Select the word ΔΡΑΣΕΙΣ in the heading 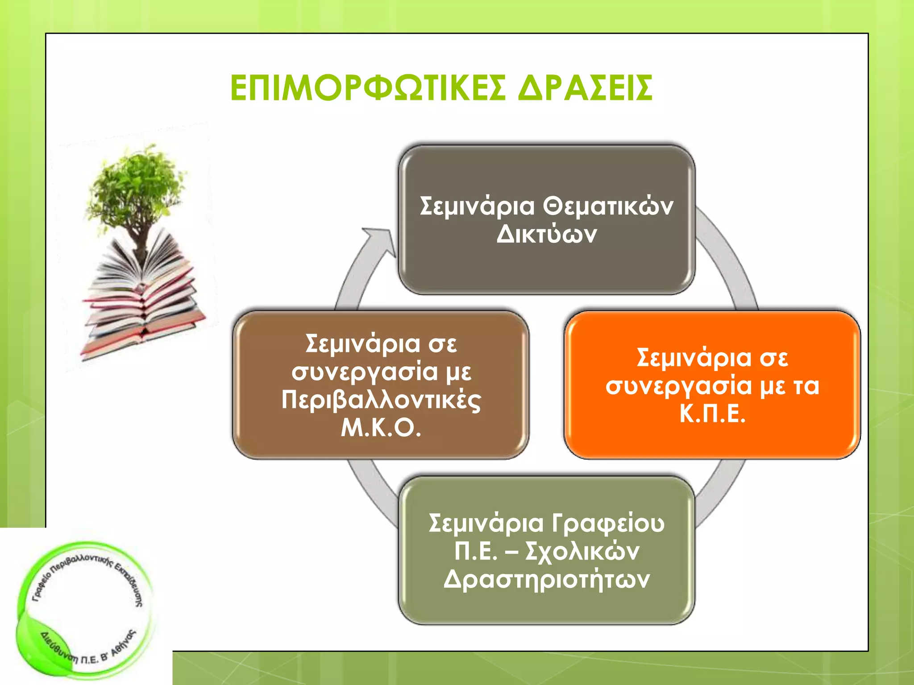[x=586, y=88]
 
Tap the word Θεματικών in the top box [x=608, y=206]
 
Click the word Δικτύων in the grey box [x=546, y=234]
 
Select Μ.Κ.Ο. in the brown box [x=381, y=428]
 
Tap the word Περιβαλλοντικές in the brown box [x=381, y=400]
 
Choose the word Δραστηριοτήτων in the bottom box [x=546, y=580]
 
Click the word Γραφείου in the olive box [x=608, y=523]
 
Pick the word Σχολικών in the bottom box [x=582, y=552]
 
